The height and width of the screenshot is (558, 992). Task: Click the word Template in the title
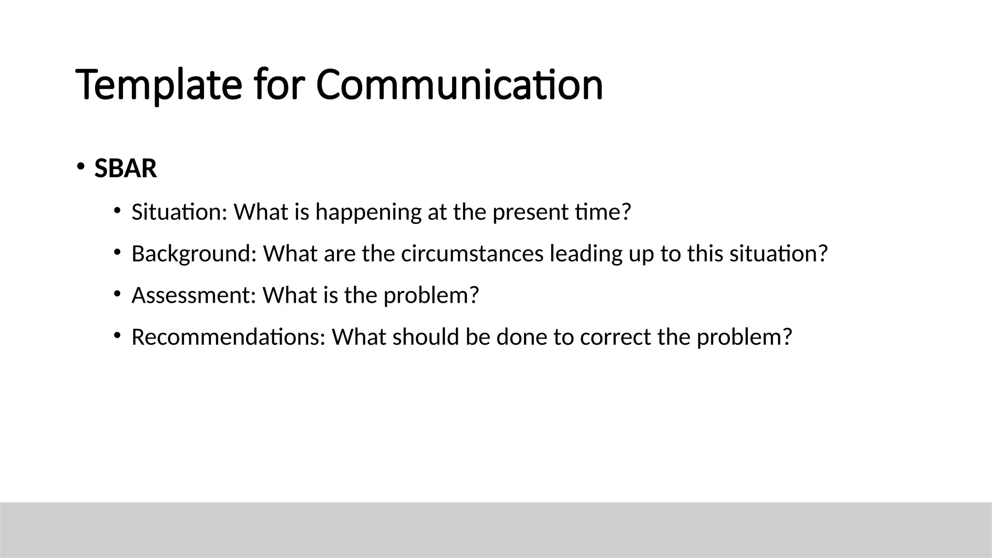tap(158, 85)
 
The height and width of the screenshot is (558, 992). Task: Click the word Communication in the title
tap(459, 85)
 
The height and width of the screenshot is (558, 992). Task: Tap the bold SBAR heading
tap(125, 169)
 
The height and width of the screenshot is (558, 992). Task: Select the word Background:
tap(194, 254)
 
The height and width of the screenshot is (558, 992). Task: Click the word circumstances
tap(472, 254)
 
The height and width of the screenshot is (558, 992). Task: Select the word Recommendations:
tap(228, 337)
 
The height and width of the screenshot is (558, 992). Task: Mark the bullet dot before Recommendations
tap(117, 335)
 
